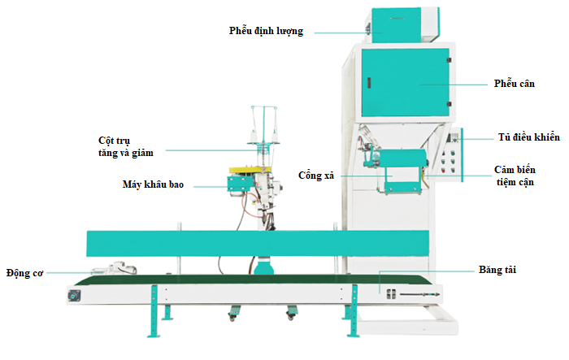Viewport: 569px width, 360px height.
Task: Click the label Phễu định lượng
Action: (x=266, y=32)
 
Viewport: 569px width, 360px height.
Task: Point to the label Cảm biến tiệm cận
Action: (x=524, y=176)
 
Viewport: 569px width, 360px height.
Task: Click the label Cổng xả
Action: (x=316, y=174)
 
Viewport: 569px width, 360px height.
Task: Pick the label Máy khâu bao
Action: (x=153, y=185)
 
